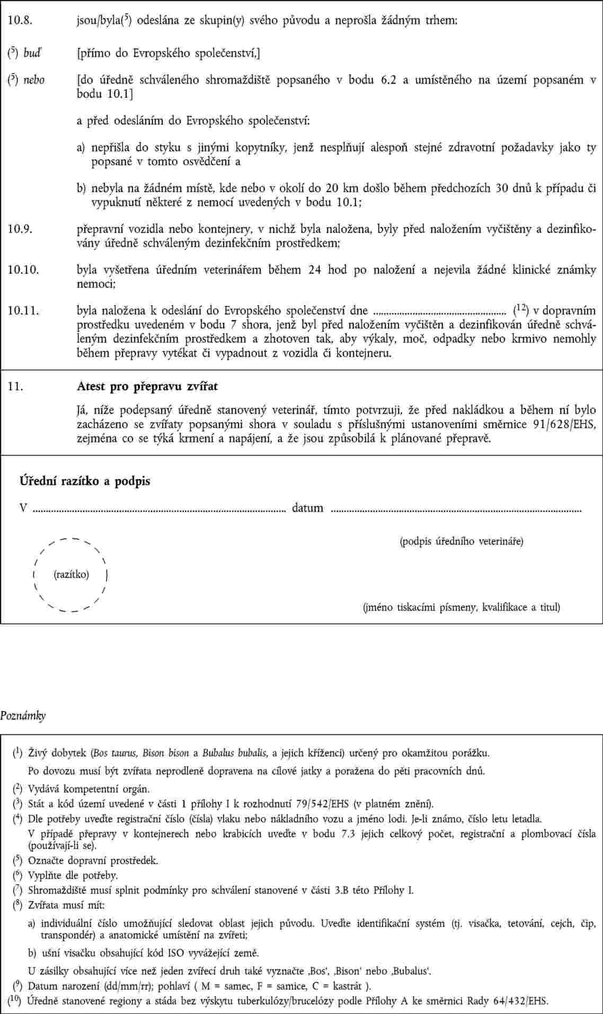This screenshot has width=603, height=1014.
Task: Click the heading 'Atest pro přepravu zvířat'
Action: click(x=147, y=386)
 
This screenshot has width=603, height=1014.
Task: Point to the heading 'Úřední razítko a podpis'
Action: click(x=85, y=481)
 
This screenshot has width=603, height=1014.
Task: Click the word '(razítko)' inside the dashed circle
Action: click(x=72, y=574)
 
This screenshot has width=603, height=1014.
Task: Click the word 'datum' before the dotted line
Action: click(x=307, y=508)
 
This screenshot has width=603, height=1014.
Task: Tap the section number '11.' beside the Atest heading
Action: click(x=14, y=387)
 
